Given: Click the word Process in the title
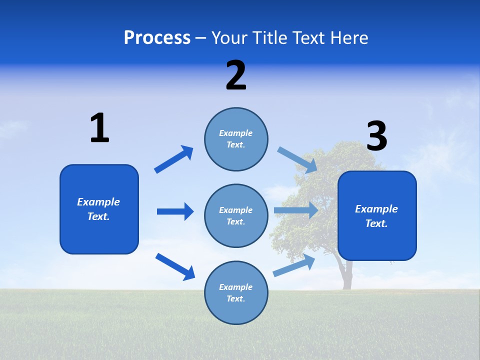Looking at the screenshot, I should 157,38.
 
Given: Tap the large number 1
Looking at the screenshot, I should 99,128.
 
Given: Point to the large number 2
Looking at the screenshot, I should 236,75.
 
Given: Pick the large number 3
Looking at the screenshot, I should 376,136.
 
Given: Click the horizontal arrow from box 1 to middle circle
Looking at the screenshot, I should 175,211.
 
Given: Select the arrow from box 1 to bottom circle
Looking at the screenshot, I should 175,266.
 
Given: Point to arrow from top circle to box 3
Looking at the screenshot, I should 297,160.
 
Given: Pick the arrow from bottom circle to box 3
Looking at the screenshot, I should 294,265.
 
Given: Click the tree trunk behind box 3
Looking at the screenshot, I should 346,275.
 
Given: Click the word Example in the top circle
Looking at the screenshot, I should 235,133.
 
